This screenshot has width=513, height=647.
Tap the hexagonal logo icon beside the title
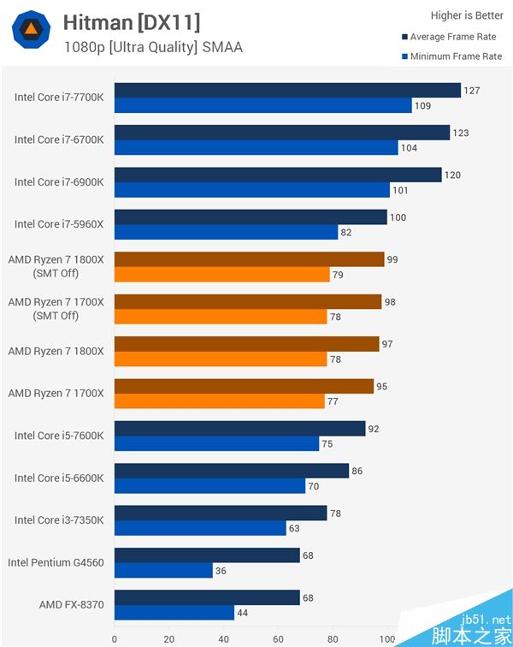click(x=31, y=30)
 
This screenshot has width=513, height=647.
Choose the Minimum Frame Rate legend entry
click(x=451, y=56)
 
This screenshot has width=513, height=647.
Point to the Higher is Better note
click(x=467, y=15)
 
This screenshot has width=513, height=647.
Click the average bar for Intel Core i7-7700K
click(x=287, y=91)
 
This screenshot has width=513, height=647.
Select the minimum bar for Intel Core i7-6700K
click(x=256, y=148)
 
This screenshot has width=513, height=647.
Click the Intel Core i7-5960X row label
click(x=59, y=224)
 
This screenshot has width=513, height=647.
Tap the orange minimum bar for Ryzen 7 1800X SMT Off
click(x=222, y=275)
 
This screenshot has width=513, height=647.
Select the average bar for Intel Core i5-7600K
click(x=240, y=429)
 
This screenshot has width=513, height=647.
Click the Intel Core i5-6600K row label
click(x=59, y=478)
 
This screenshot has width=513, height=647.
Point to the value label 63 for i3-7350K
click(x=294, y=528)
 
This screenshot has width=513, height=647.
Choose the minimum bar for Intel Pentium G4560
click(x=163, y=571)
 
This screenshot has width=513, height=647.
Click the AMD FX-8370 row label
click(x=71, y=604)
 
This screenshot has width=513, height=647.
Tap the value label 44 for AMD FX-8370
click(x=243, y=613)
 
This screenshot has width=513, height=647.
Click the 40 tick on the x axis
click(x=223, y=638)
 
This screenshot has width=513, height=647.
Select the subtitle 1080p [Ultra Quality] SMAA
click(x=153, y=47)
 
